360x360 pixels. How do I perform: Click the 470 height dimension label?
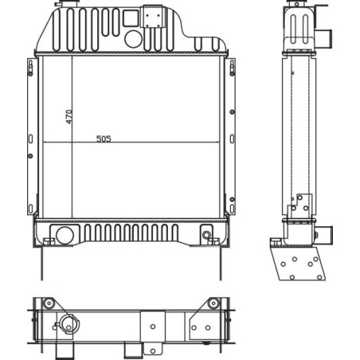[68, 117]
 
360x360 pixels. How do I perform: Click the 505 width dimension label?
[104, 139]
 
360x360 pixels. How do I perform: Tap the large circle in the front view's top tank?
[133, 39]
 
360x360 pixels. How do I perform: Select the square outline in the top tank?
[131, 18]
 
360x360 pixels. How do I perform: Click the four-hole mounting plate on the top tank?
[152, 17]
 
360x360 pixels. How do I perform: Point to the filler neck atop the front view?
[66, 4]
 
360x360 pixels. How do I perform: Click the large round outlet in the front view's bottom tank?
[65, 235]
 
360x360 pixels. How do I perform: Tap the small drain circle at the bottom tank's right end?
[206, 235]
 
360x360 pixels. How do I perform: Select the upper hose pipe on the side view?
[325, 39]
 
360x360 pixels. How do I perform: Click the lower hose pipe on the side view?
[325, 236]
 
